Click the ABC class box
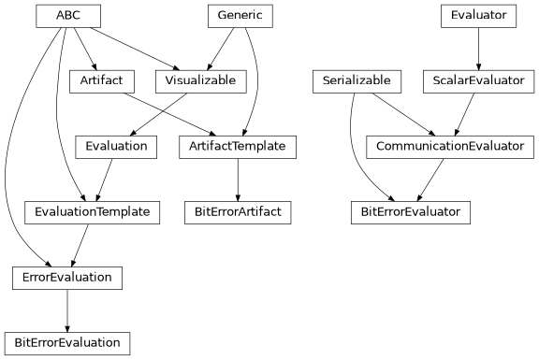(68, 16)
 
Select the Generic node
(240, 16)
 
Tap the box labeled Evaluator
(478, 16)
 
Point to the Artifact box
(102, 81)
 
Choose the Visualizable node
(201, 81)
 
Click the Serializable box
(357, 81)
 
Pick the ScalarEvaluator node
(478, 81)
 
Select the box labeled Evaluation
(116, 147)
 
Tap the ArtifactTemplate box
(239, 147)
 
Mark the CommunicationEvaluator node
(450, 147)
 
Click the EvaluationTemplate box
(92, 212)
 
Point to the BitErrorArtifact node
(238, 212)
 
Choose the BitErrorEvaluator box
(410, 212)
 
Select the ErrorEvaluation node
(66, 278)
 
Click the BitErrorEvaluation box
(67, 343)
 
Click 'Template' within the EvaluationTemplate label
(122, 212)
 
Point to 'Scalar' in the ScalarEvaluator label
(451, 81)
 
